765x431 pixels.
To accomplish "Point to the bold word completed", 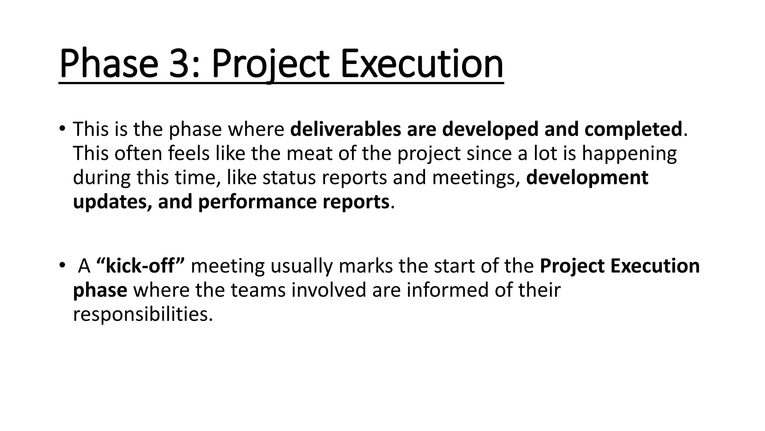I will coord(633,129).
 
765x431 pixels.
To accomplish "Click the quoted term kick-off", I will coord(140,266).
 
